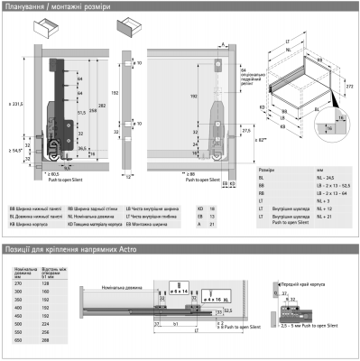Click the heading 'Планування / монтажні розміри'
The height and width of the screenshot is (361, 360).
coord(56,7)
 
